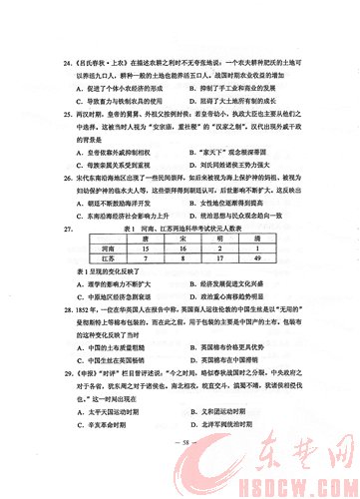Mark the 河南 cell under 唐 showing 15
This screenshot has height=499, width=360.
coord(146,277)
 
